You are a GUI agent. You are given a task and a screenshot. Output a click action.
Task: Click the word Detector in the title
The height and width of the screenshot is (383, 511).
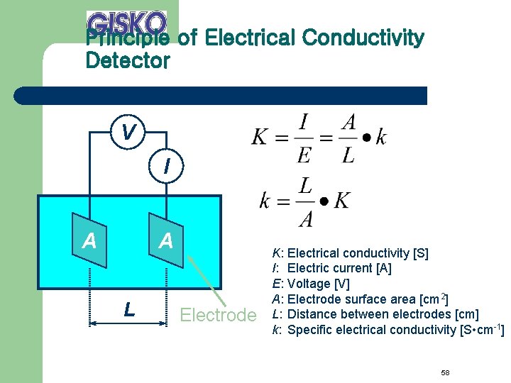click(128, 61)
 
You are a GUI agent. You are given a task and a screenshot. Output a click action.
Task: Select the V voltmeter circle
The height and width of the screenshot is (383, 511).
click(128, 132)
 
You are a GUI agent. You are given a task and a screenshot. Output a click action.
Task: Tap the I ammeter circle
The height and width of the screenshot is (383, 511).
click(166, 167)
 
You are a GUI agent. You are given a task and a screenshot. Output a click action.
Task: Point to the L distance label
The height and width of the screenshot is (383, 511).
click(128, 309)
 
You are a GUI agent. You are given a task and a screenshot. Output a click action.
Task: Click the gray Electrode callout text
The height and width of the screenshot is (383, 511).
click(218, 315)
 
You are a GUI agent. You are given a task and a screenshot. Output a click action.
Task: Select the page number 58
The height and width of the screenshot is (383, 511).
click(445, 353)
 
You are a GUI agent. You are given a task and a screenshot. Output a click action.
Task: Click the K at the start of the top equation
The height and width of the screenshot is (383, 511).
click(260, 137)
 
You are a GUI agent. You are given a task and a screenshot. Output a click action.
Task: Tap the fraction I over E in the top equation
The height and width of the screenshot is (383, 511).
click(303, 138)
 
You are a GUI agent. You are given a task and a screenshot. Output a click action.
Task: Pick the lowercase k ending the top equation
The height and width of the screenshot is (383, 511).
click(381, 137)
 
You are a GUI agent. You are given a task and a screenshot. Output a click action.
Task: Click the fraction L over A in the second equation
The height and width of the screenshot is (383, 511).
click(305, 201)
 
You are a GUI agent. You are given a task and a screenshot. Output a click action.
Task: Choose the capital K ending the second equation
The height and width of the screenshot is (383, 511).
click(341, 201)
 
